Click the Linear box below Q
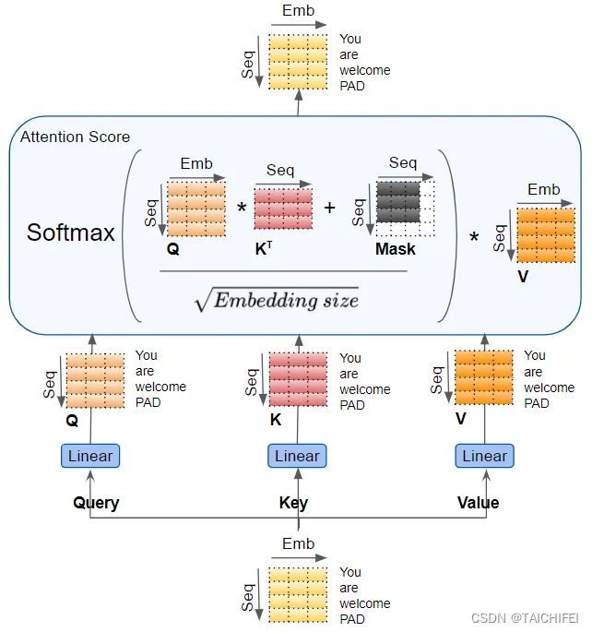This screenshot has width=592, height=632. pos(91,456)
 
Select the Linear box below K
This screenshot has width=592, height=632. pos(297,456)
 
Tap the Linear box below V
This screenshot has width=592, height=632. pos(484,456)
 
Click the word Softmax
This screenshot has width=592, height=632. pos(71,232)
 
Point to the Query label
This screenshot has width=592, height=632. pos(97,503)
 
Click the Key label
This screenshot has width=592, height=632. pos(293,503)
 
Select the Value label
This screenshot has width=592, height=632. pos(478,503)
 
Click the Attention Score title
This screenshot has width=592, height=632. pos(76,137)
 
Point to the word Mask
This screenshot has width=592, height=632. pos(395,249)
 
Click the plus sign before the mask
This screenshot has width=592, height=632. pos(329,208)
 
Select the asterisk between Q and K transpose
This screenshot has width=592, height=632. pos(242,209)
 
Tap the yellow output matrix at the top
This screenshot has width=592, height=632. pos(298,62)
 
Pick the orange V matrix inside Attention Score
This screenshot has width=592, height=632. pos(545,235)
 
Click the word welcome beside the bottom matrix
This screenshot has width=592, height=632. pos(364,603)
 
